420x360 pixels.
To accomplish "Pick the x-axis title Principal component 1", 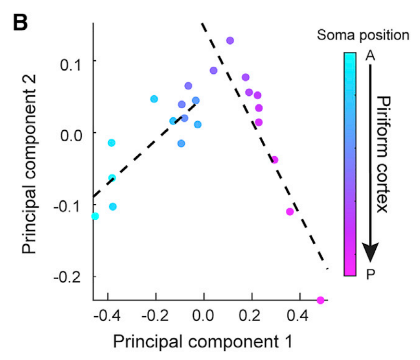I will (203, 342).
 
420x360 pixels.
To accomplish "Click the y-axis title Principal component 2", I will (32, 180).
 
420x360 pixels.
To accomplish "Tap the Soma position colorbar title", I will (363, 35).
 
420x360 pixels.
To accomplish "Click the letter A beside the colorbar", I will (370, 56).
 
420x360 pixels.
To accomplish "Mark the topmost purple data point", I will (230, 41).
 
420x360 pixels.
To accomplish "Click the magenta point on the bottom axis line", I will (320, 300).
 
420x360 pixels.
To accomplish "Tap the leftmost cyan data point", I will (95, 216).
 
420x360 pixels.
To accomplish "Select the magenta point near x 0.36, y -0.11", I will (290, 211).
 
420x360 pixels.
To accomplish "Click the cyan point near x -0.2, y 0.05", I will (154, 99).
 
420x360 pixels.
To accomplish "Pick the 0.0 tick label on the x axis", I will (204, 318).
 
